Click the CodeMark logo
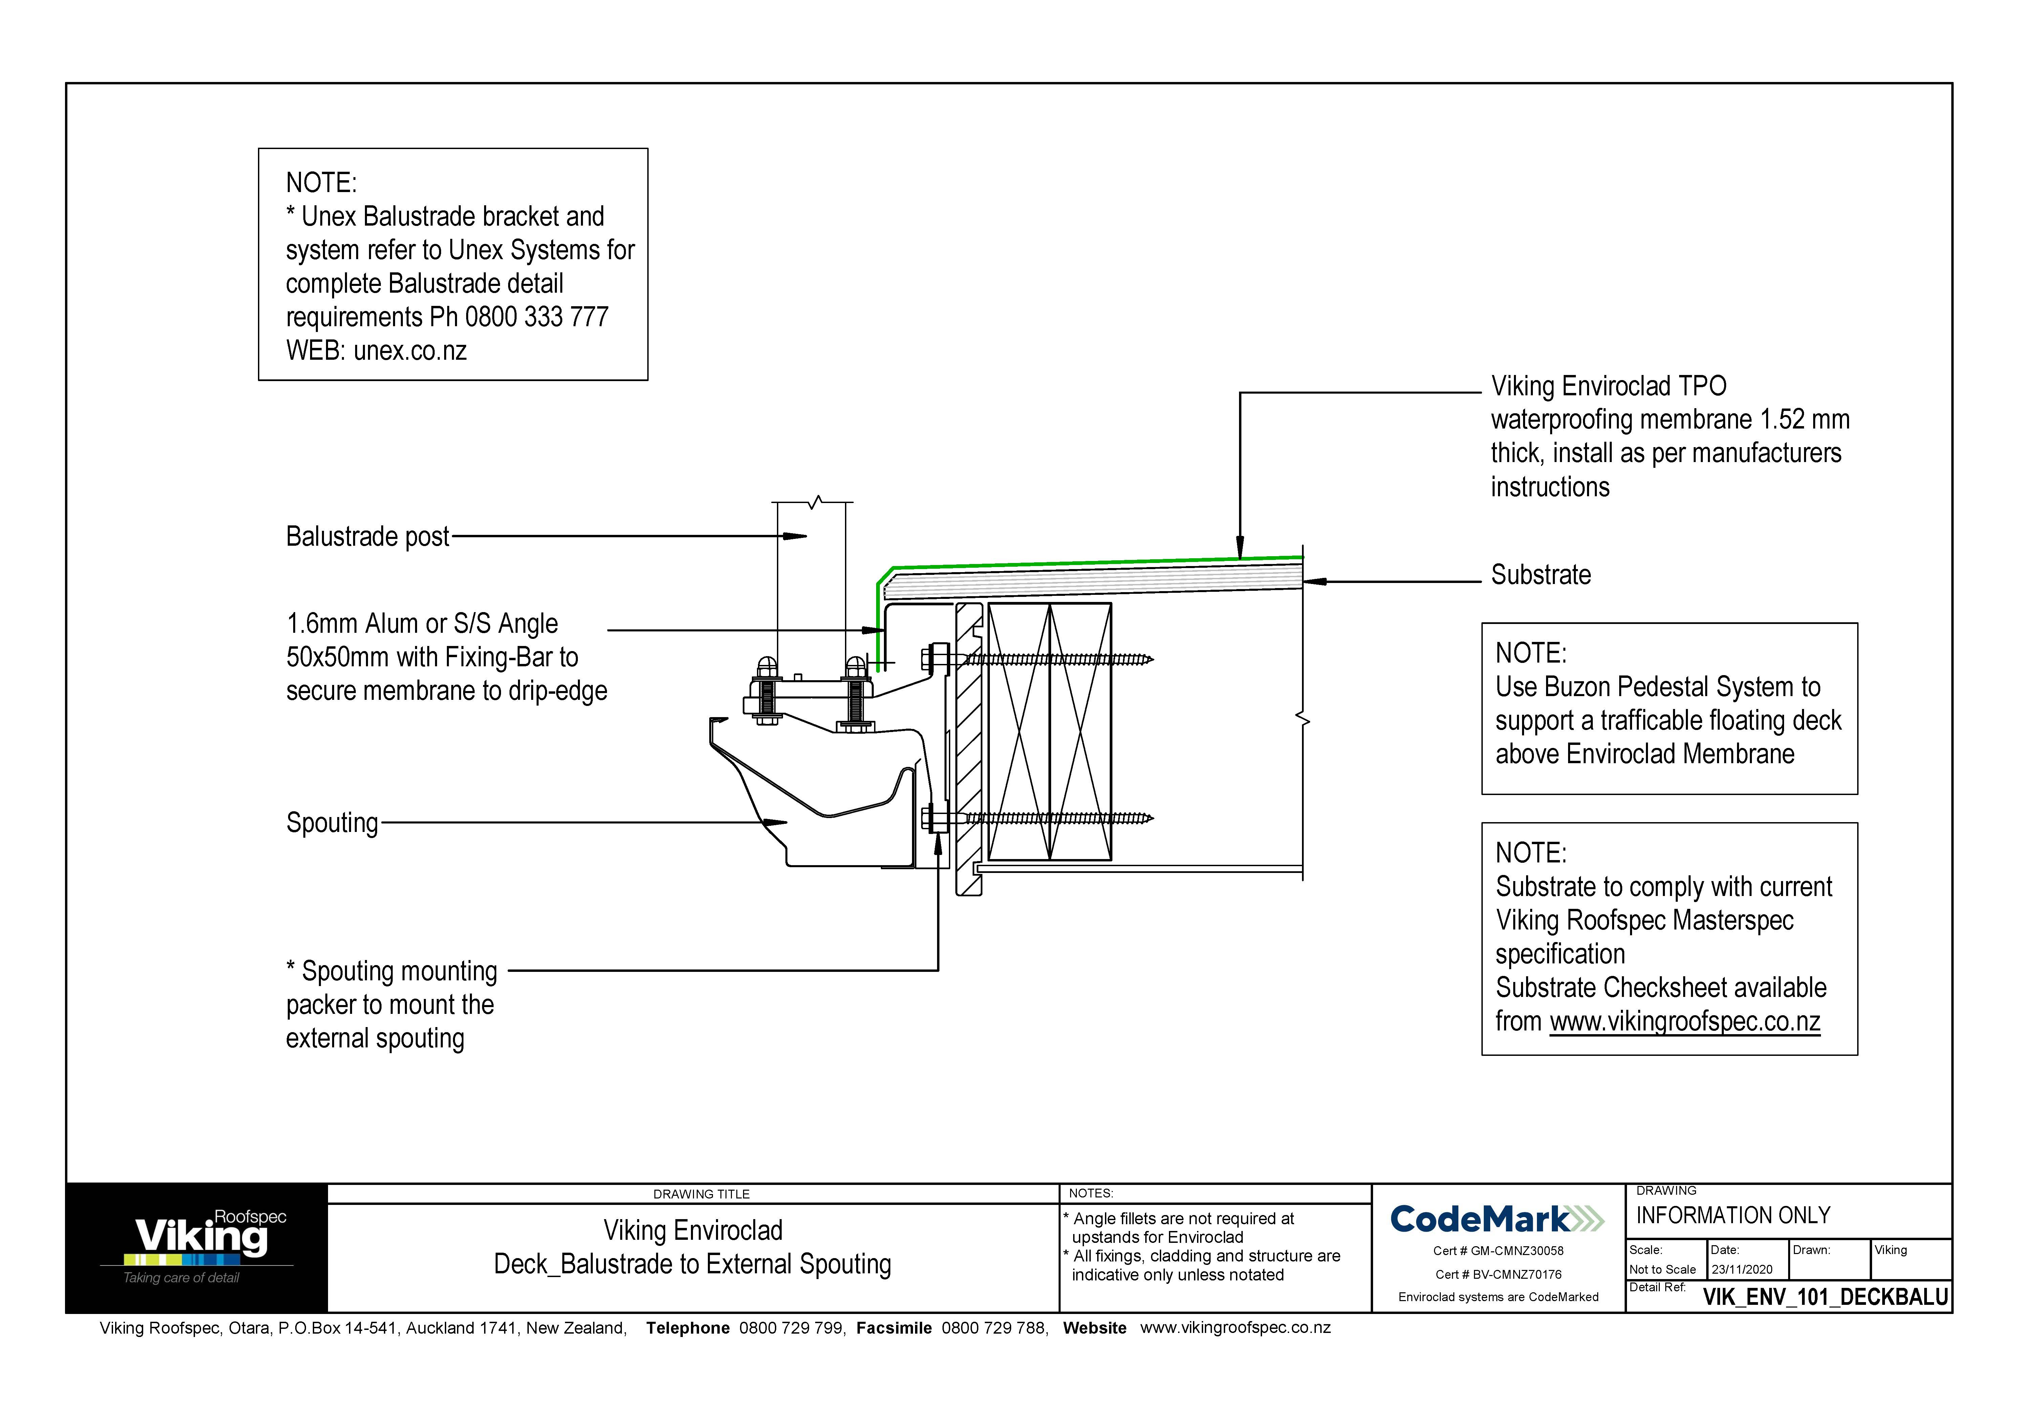tap(1497, 1219)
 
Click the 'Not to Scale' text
tap(1662, 1270)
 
